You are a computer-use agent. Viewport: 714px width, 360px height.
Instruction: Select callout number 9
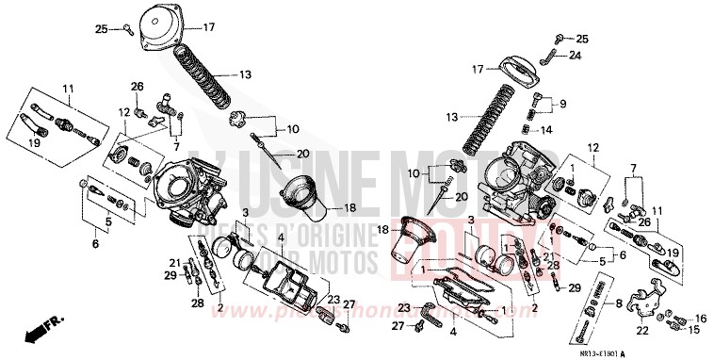[563, 104]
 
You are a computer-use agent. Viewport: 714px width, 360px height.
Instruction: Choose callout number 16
[699, 318]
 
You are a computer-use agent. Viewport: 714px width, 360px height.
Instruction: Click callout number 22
[641, 330]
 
